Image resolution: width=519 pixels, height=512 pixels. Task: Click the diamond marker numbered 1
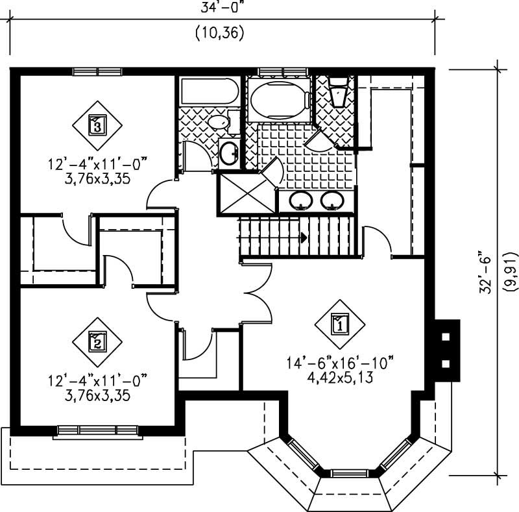click(x=340, y=323)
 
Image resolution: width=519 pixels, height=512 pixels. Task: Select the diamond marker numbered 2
click(x=97, y=340)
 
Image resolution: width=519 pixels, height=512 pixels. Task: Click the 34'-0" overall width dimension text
click(x=219, y=8)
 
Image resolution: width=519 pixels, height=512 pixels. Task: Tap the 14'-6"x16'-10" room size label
click(x=340, y=361)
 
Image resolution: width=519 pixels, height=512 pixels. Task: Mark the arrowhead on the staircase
click(x=303, y=238)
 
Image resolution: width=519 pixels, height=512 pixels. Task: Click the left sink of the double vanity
click(x=300, y=201)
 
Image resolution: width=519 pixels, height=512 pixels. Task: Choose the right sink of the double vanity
click(x=333, y=201)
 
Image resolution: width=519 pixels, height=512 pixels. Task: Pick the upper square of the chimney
click(x=446, y=337)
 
